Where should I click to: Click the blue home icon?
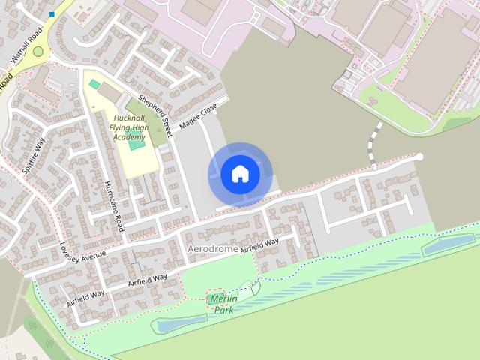pyautogui.click(x=240, y=174)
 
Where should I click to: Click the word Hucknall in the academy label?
pyautogui.click(x=130, y=118)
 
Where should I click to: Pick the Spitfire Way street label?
pyautogui.click(x=34, y=156)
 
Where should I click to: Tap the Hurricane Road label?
pyautogui.click(x=114, y=205)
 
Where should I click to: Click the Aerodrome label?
pyautogui.click(x=212, y=248)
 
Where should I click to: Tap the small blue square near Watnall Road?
pyautogui.click(x=52, y=14)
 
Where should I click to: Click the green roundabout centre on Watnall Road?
pyautogui.click(x=37, y=52)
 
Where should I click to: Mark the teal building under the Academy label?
pyautogui.click(x=136, y=144)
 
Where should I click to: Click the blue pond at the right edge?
pyautogui.click(x=448, y=244)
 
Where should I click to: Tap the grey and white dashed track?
pyautogui.click(x=373, y=139)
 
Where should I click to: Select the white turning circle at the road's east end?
pyautogui.click(x=419, y=157)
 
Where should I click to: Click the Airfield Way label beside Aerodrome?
pyautogui.click(x=259, y=244)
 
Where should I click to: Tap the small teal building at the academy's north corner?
pyautogui.click(x=94, y=83)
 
